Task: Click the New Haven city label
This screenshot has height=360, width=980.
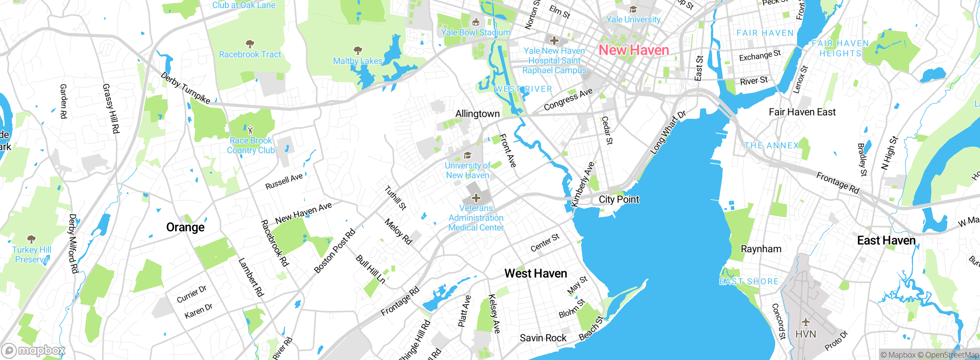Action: tap(634, 50)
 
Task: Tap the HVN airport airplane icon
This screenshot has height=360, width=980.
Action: tap(806, 322)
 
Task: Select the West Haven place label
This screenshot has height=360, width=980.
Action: tap(536, 273)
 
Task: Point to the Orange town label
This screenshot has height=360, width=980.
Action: tap(185, 227)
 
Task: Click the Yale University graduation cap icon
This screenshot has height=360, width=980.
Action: tap(633, 9)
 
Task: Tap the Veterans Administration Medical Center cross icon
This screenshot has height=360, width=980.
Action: tap(476, 198)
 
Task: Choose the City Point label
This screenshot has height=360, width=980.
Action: tap(619, 200)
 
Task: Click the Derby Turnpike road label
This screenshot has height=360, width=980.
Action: tap(185, 88)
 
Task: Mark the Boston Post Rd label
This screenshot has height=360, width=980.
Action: tap(335, 251)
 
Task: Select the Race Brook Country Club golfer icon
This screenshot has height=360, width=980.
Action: tap(250, 130)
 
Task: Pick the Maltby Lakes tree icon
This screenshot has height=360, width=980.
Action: tap(358, 51)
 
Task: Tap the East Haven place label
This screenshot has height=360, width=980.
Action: tap(886, 241)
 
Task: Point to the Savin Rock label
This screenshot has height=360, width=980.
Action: tap(543, 338)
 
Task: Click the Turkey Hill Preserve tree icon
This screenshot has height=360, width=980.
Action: tap(31, 239)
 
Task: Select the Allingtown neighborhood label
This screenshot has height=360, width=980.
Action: tap(477, 114)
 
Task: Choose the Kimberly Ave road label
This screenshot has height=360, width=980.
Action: tap(583, 184)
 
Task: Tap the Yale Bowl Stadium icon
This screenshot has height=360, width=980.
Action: tap(476, 22)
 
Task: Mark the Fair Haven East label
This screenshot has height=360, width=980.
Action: tap(802, 112)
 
